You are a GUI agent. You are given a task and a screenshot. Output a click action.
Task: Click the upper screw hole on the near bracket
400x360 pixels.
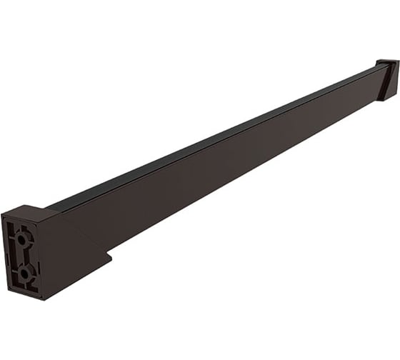[23, 239]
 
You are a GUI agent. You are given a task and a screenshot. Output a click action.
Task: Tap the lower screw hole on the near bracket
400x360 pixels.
[24, 271]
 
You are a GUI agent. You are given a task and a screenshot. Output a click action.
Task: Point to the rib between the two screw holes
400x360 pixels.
[24, 255]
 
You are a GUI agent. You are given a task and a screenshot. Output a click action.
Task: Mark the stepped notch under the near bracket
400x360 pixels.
[107, 254]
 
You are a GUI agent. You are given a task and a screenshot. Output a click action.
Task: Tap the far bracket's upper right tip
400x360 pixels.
[397, 62]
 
